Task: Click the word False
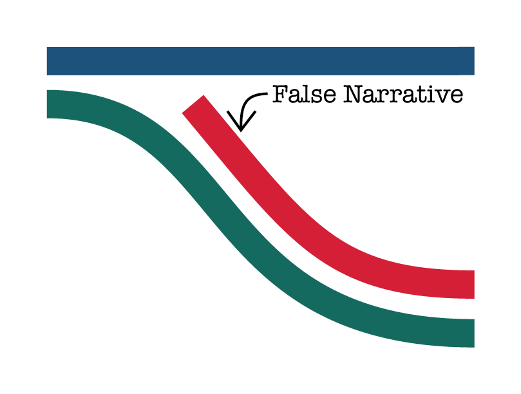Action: (304, 94)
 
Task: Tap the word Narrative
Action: (403, 94)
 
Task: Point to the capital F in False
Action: (279, 94)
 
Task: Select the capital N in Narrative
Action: (354, 94)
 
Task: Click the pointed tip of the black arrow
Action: (241, 131)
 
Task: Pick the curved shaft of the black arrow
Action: (247, 104)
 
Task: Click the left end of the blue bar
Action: (47, 61)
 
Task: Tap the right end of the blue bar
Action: (474, 61)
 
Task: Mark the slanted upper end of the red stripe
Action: (193, 104)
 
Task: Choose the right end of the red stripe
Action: (474, 285)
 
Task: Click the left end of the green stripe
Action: (47, 104)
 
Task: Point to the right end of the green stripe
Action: (474, 333)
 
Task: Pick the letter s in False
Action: (317, 96)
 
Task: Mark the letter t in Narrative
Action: (415, 95)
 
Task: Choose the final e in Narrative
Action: (456, 97)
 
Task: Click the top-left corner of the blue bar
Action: (47, 47)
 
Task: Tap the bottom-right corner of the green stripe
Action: (475, 348)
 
